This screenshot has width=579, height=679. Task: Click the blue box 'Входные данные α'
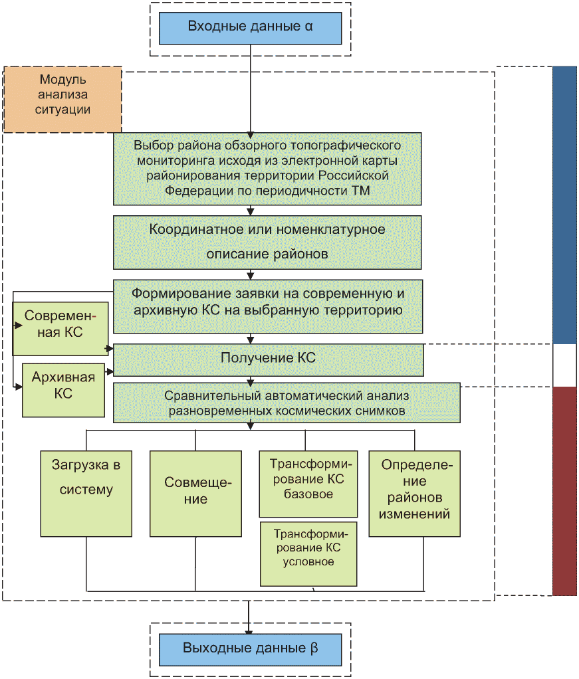[250, 28]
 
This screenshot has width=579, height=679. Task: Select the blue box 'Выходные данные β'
[250, 650]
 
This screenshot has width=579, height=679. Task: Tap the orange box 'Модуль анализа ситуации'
[62, 99]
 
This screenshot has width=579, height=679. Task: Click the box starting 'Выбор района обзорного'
[267, 169]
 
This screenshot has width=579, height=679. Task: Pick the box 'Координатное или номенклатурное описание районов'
[267, 242]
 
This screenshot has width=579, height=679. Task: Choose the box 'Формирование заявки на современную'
[268, 306]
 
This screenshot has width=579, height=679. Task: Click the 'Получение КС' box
[269, 360]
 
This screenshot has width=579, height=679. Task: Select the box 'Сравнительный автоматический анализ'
[287, 403]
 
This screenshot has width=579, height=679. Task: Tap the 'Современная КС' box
[60, 329]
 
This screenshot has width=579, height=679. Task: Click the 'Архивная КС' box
[63, 390]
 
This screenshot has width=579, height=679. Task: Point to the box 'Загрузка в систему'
[86, 494]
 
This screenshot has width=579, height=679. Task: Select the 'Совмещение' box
[195, 494]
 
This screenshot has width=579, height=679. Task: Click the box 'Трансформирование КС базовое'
[308, 484]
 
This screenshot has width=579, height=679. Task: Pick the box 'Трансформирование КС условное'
[308, 554]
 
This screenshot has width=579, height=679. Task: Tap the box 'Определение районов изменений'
[414, 494]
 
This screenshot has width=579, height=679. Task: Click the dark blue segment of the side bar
[564, 205]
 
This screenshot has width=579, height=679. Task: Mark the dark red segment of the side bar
[564, 491]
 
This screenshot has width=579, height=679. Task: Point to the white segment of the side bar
[564, 365]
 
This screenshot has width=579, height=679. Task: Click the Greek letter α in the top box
[308, 27]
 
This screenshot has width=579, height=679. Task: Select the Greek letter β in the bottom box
[314, 648]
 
